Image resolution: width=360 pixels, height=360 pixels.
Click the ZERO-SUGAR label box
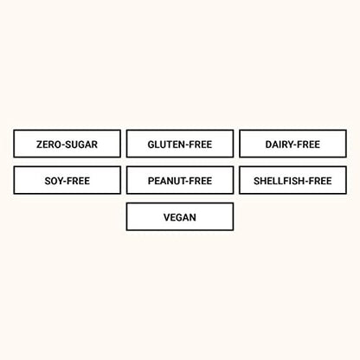(x=67, y=144)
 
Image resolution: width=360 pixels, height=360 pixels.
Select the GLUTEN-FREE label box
(x=180, y=144)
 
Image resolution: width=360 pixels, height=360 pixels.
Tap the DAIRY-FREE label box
(x=292, y=144)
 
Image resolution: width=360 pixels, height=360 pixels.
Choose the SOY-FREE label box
(x=67, y=180)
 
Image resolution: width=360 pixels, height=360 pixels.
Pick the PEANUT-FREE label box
(x=180, y=180)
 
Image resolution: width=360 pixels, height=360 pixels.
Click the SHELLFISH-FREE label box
(x=292, y=180)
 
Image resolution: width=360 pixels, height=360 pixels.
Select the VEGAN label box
(x=180, y=216)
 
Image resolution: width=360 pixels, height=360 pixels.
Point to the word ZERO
(x=48, y=145)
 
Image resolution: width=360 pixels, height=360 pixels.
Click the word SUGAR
(x=82, y=145)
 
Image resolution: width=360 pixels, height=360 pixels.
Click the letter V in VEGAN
(x=167, y=217)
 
